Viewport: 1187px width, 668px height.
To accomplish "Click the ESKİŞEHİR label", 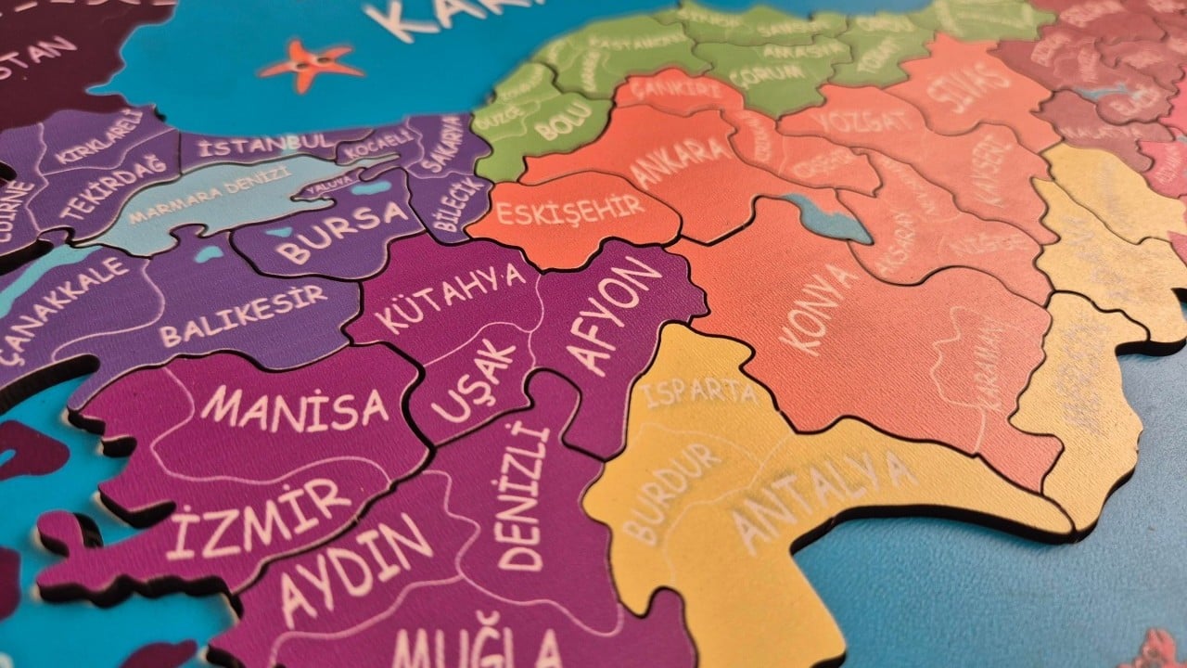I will point(570,210).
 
